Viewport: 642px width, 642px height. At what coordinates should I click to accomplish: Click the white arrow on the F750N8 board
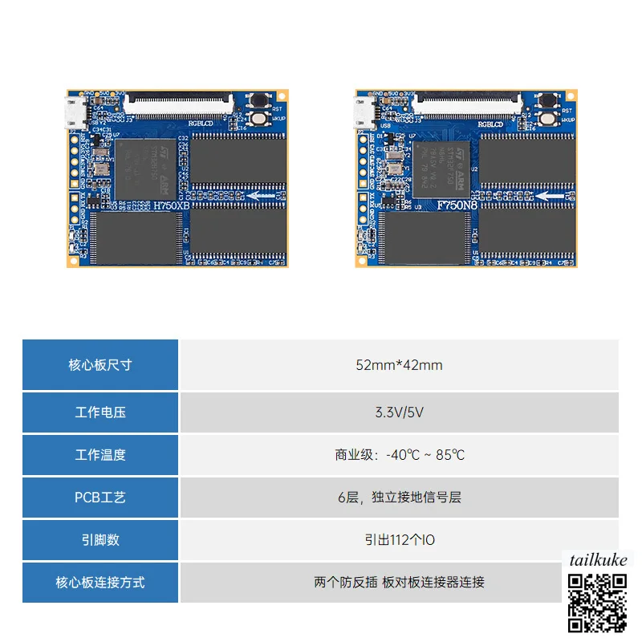548,195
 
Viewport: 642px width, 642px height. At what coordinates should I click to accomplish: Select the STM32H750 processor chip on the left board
145,167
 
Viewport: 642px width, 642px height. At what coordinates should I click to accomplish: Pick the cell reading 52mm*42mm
399,365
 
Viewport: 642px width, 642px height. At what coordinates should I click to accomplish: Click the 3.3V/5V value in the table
399,412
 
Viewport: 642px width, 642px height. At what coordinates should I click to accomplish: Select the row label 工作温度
100,455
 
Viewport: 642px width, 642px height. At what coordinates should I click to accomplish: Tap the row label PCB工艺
100,498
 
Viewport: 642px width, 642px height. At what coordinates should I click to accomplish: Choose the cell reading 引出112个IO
399,540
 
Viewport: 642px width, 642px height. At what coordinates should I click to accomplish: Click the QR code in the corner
598,601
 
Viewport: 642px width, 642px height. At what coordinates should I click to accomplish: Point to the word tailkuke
597,560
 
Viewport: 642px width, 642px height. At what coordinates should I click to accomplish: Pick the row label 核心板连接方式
100,583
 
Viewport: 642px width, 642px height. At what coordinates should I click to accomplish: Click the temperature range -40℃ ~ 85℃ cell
399,455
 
